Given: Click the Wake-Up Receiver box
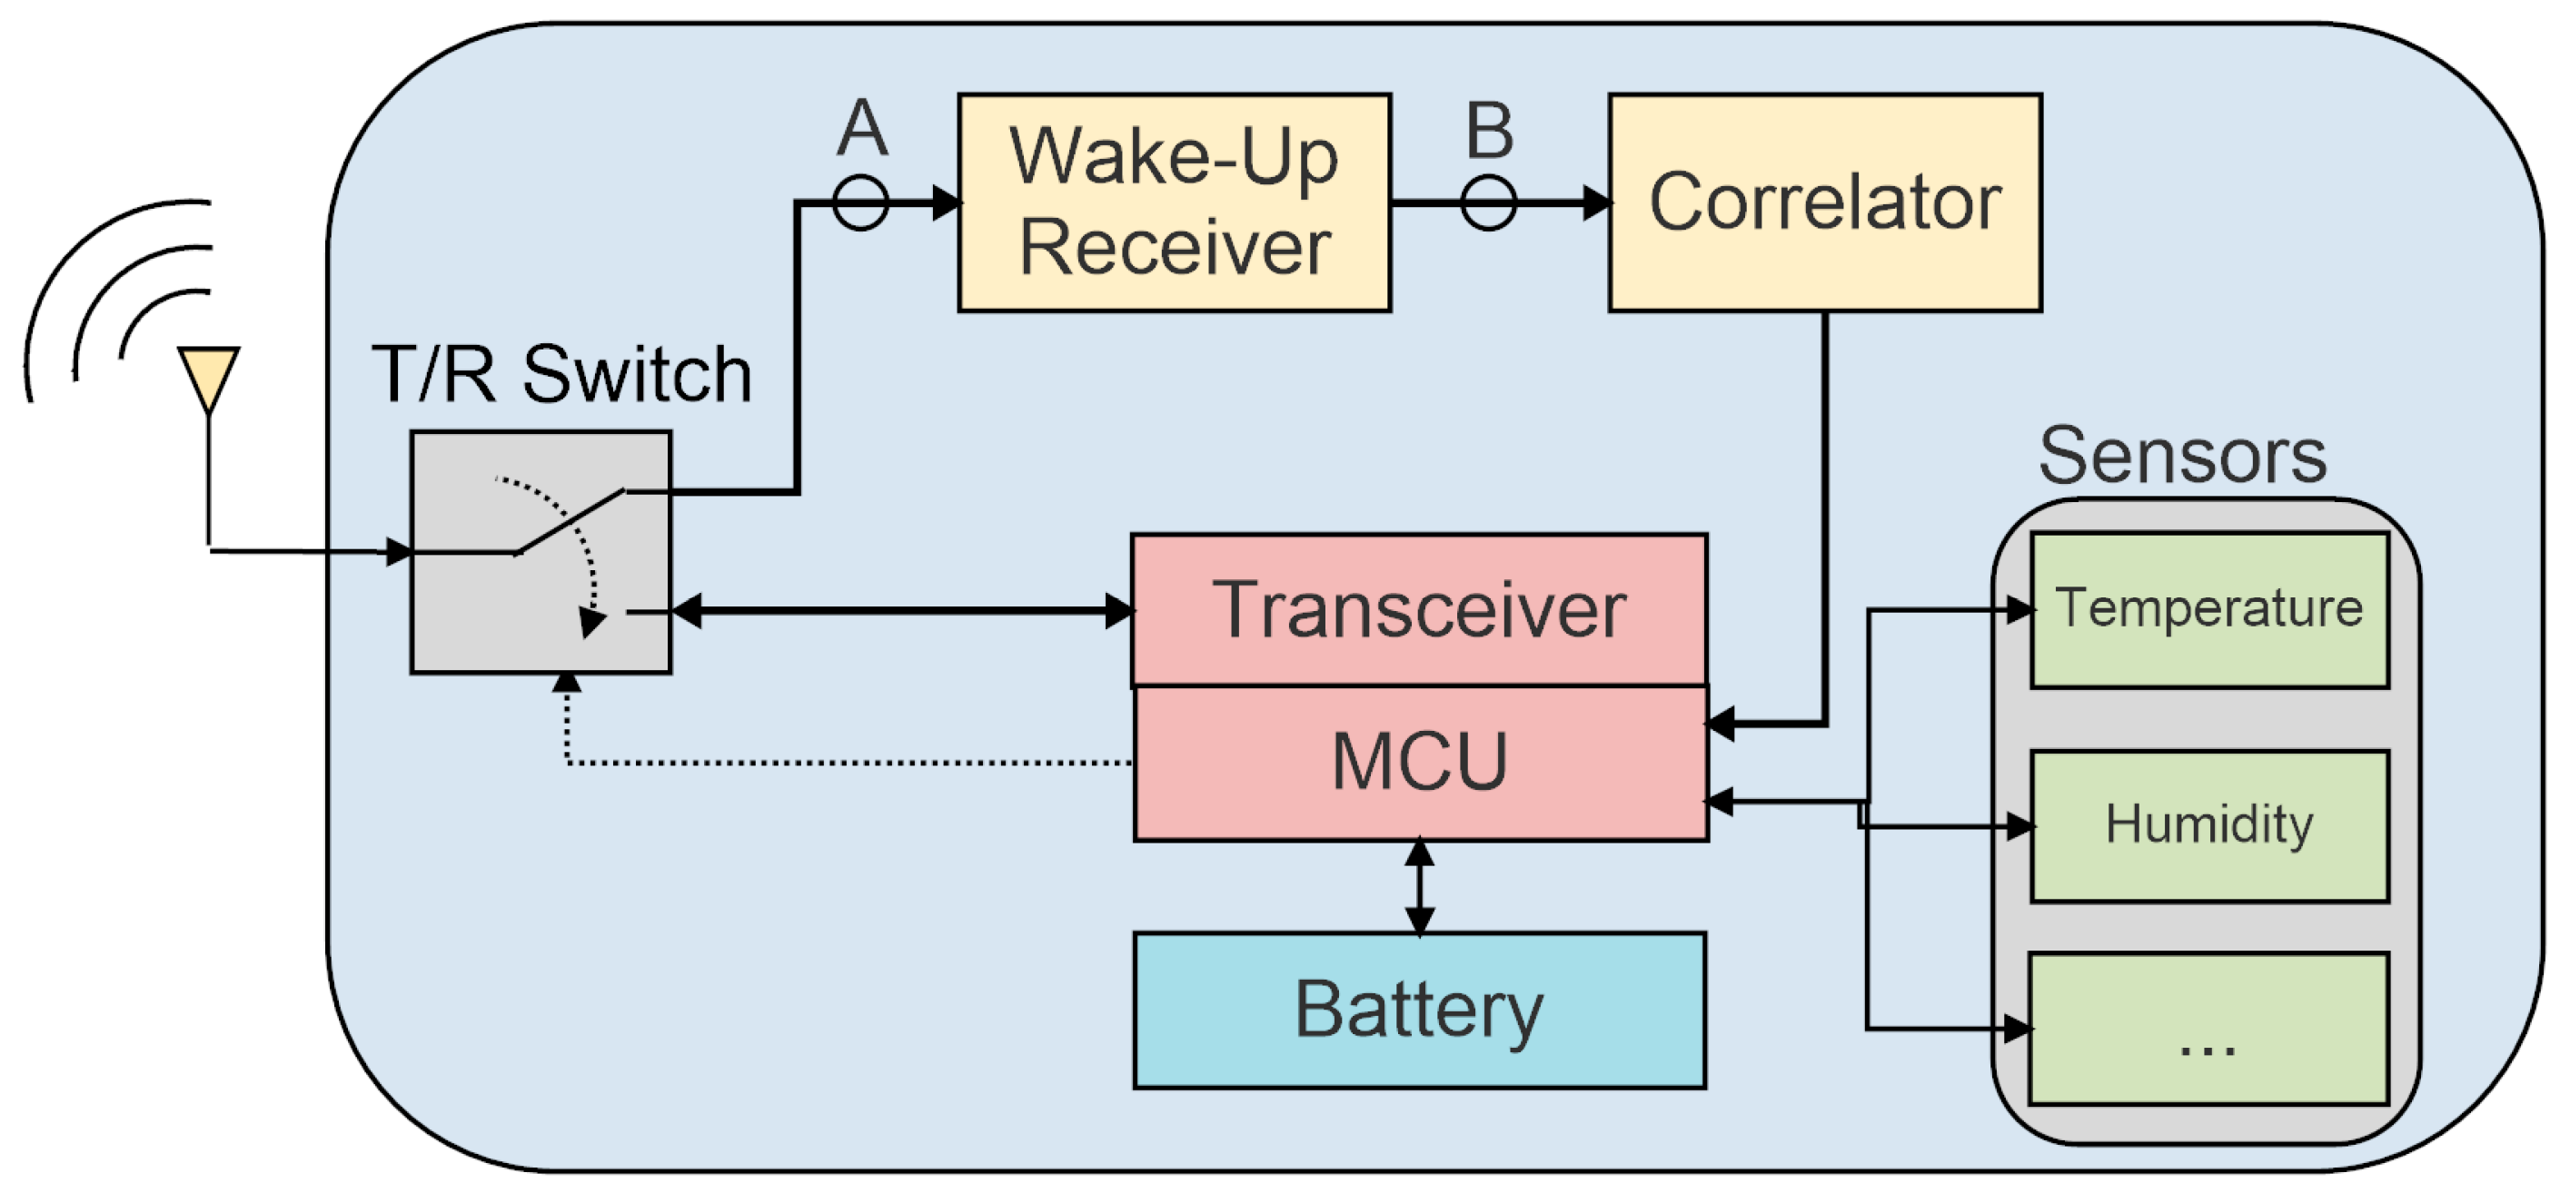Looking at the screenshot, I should pyautogui.click(x=1174, y=202).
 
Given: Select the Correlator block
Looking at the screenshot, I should pyautogui.click(x=1824, y=202).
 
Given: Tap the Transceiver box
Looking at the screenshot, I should pyautogui.click(x=1418, y=609).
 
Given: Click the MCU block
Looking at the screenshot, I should pyautogui.click(x=1420, y=763).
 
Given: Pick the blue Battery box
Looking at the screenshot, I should pyautogui.click(x=1419, y=1010).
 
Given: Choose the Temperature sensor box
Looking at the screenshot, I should pyautogui.click(x=2208, y=609).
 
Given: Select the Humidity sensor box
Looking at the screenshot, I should pyautogui.click(x=2208, y=826).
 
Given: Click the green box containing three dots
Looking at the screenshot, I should pyautogui.click(x=2208, y=1029).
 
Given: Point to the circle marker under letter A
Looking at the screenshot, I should pyautogui.click(x=860, y=203).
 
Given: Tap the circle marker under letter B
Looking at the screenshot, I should pyautogui.click(x=1487, y=203).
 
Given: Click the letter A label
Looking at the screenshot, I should pyautogui.click(x=862, y=128).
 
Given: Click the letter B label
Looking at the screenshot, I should pyautogui.click(x=1489, y=131).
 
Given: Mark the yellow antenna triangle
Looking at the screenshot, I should pyautogui.click(x=209, y=374).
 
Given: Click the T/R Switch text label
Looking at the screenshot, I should pyautogui.click(x=561, y=375).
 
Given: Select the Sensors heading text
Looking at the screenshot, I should pyautogui.click(x=2181, y=456).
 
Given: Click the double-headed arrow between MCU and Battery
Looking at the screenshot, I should pyautogui.click(x=1419, y=887).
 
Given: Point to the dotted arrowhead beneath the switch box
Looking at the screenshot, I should pyautogui.click(x=567, y=682).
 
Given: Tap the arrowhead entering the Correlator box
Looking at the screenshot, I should pyautogui.click(x=1596, y=203).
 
